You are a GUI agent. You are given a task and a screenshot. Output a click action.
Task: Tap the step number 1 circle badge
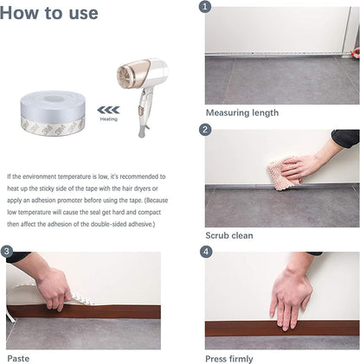[205, 7]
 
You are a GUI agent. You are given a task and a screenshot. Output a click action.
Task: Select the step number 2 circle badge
[205, 130]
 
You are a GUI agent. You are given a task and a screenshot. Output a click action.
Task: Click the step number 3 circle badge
[7, 252]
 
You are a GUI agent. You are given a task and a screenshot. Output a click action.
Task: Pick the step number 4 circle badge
[205, 252]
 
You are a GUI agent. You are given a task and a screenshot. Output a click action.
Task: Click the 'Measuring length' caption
[241, 112]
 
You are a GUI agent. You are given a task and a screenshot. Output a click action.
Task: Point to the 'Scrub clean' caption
[228, 235]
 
